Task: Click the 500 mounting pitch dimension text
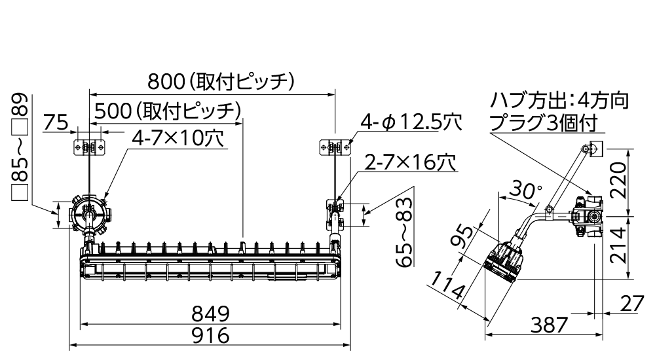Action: pos(168,111)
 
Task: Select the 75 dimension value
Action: pos(56,122)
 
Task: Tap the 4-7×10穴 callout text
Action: pos(178,138)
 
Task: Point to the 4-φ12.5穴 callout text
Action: pos(411,122)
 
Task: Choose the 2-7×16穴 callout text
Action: pos(410,162)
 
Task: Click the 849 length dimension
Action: pos(210,314)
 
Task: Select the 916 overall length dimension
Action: pos(210,335)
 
